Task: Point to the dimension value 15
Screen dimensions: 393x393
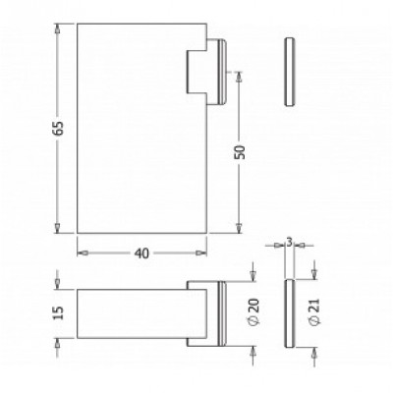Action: tap(61, 313)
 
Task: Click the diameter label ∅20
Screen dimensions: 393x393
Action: tap(253, 314)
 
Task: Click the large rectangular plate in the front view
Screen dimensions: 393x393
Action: tap(138, 128)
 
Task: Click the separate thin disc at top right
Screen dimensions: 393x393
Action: tap(287, 74)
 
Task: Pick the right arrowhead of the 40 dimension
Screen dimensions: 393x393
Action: tap(203, 253)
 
